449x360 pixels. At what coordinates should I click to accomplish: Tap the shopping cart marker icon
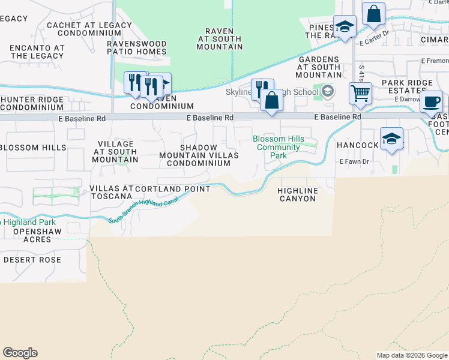tap(360, 93)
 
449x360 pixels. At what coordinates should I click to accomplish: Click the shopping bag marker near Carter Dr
tap(373, 14)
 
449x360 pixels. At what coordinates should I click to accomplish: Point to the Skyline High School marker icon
tap(328, 92)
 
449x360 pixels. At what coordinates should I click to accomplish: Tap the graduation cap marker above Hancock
tap(391, 139)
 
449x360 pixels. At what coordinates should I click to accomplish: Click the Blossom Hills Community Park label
tap(278, 147)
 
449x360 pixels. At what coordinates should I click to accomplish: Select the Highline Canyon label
tap(297, 194)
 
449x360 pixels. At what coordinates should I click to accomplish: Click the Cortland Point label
tap(173, 189)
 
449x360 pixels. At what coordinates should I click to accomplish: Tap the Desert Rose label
tap(32, 260)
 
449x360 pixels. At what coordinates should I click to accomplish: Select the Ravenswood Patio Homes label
tap(137, 47)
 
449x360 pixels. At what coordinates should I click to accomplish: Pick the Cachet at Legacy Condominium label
tap(80, 29)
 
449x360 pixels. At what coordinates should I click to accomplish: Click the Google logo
tap(20, 353)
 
